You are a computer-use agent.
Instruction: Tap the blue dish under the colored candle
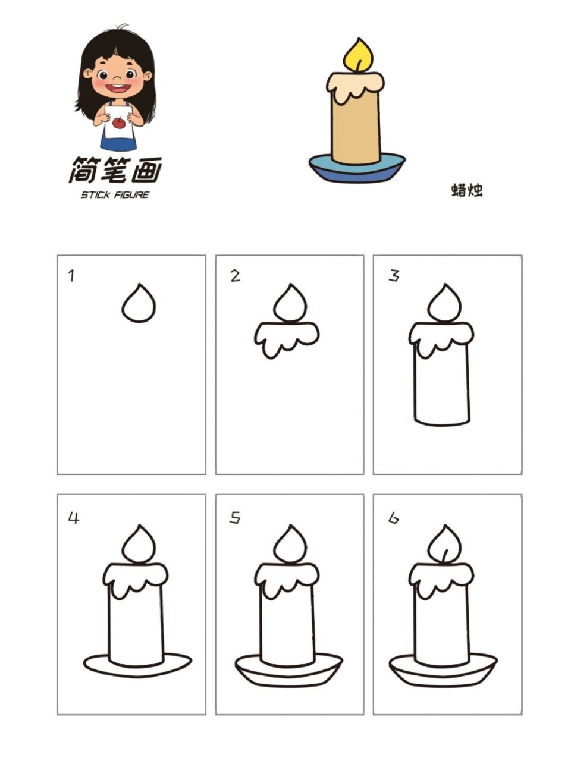(x=357, y=171)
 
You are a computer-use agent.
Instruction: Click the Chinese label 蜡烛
(x=466, y=190)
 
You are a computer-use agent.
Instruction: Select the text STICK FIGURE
(x=115, y=195)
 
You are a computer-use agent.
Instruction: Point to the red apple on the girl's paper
(x=119, y=123)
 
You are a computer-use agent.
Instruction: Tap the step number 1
(x=71, y=276)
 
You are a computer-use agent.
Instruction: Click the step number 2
(x=236, y=276)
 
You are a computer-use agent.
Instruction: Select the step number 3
(x=394, y=276)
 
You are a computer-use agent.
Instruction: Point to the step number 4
(x=73, y=518)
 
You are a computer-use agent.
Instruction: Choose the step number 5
(x=236, y=518)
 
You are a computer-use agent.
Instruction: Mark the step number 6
(x=394, y=518)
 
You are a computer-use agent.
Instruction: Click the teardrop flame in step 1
(x=139, y=305)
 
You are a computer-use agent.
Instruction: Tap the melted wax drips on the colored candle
(x=354, y=86)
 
